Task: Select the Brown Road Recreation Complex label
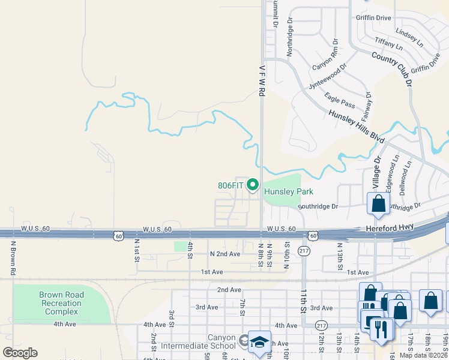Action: tap(60, 303)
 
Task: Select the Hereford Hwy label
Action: tap(387, 229)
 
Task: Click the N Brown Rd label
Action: tap(12, 255)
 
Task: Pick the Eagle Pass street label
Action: tap(339, 100)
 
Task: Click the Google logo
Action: tap(19, 353)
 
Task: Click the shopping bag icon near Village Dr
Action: tap(379, 203)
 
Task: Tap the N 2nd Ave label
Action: tap(225, 254)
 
